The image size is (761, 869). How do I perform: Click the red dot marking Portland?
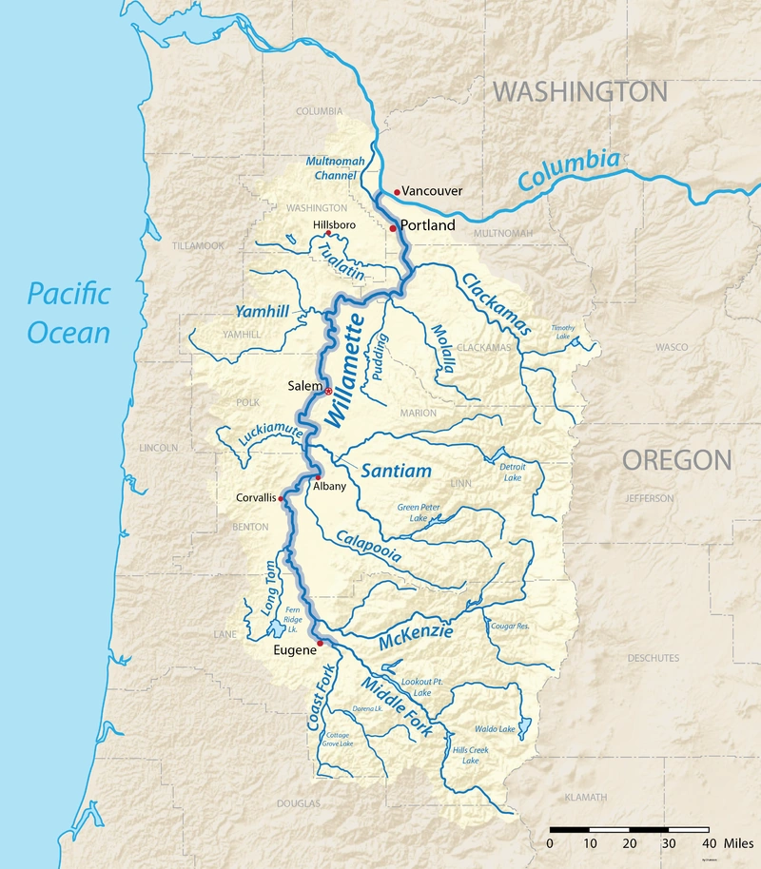[393, 228]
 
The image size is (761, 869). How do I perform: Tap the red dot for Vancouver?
[397, 191]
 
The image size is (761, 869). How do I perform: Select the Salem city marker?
[328, 391]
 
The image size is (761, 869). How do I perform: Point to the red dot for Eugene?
[321, 644]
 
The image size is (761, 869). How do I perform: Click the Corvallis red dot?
[282, 497]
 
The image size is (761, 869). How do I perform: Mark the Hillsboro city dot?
[327, 233]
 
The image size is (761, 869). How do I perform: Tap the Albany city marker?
[319, 476]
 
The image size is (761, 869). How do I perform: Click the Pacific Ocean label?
[68, 313]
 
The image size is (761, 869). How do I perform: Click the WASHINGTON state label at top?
[579, 92]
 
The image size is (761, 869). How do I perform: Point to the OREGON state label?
[676, 461]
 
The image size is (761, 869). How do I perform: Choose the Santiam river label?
[397, 471]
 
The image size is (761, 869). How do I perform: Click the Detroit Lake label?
[511, 472]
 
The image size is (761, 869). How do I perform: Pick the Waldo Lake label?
[495, 729]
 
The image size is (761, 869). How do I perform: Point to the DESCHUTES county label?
[654, 658]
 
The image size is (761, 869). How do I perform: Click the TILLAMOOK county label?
[198, 245]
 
